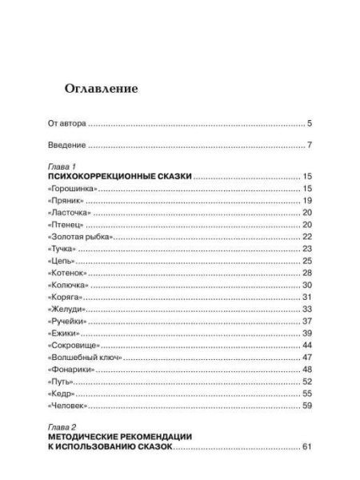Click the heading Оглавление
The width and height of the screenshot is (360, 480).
tap(101, 89)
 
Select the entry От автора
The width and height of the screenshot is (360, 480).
tap(67, 124)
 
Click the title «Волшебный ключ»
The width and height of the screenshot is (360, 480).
tap(85, 357)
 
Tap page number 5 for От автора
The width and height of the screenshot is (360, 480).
tap(309, 124)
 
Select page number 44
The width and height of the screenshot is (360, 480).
tap(306, 345)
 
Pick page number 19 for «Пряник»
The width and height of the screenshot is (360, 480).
tap(306, 200)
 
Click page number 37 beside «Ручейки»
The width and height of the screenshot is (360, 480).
tap(306, 321)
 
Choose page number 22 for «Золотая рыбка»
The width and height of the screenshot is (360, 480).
tap(306, 237)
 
